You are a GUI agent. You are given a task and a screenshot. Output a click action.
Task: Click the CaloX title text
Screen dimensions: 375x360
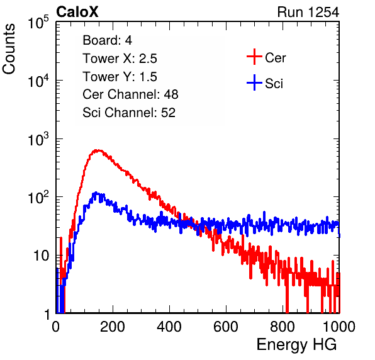click(77, 12)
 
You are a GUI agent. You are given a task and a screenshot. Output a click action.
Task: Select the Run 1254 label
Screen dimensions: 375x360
click(308, 12)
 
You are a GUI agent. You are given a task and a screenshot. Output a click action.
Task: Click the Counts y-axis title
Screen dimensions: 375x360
click(9, 49)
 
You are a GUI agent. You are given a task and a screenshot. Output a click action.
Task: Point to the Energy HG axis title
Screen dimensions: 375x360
click(296, 345)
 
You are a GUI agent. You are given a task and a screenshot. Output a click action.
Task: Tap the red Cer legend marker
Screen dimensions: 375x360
click(254, 57)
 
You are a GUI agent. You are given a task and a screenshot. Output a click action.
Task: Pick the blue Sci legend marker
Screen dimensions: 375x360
click(254, 82)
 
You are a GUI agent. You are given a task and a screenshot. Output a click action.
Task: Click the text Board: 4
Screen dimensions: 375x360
click(107, 40)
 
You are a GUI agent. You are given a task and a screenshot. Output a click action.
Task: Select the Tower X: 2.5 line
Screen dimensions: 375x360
click(120, 59)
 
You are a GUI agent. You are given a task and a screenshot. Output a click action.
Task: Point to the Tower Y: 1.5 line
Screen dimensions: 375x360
click(120, 77)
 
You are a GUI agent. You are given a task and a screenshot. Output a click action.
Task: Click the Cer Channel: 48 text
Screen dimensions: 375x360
click(130, 94)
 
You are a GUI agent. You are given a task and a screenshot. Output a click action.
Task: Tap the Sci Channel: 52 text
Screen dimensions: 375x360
click(129, 113)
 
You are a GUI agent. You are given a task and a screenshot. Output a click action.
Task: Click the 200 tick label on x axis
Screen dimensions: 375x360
click(113, 326)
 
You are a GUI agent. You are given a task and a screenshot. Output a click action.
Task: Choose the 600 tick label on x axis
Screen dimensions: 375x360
click(226, 326)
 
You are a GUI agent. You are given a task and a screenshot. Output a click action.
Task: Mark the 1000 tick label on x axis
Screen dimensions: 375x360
click(339, 326)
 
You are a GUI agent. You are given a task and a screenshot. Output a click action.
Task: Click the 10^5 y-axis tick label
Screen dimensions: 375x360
click(38, 23)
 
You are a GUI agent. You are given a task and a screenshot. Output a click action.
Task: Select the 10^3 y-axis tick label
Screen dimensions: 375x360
click(38, 140)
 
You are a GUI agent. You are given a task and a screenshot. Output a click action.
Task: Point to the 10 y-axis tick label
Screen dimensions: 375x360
click(42, 256)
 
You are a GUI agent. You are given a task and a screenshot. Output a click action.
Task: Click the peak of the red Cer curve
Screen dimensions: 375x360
click(98, 150)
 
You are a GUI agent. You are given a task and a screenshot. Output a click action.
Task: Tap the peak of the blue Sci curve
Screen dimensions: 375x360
click(96, 193)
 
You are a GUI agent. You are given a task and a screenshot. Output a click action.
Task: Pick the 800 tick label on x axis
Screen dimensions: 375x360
click(283, 326)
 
